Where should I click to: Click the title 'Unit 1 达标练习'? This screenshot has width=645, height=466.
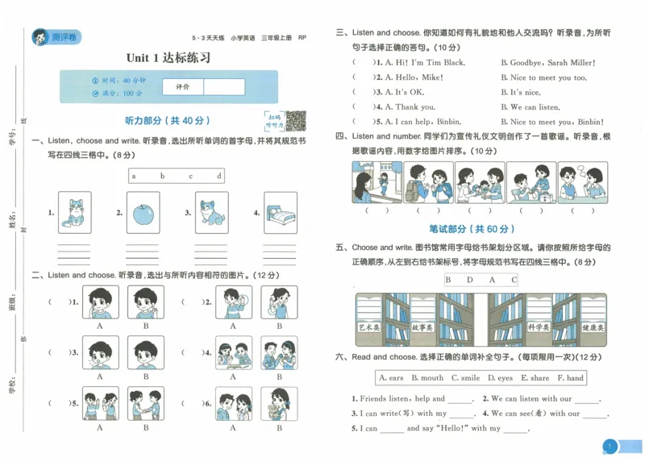pos(169,58)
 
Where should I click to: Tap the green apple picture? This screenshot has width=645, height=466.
pos(144,214)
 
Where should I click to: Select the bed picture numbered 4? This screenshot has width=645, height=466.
pos(281,214)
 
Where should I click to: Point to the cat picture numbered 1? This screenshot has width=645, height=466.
pos(75,214)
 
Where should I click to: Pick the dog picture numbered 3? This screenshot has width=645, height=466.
pos(211,214)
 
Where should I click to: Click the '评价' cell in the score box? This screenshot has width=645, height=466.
pos(182,87)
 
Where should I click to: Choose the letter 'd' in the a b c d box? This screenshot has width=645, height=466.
pos(218,176)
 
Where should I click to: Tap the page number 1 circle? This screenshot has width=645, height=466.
pos(610,447)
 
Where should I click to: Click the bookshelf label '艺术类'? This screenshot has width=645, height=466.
pos(368,327)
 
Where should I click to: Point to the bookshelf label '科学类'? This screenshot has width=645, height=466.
pos(538,327)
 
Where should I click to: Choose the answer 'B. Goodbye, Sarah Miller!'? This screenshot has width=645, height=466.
pos(547,63)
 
